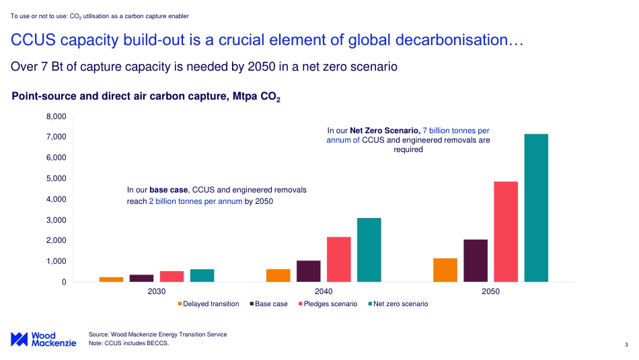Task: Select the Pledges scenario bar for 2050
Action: point(506,231)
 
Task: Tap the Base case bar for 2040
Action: point(309,271)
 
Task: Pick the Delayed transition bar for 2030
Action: point(111,279)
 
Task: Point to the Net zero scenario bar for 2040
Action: point(369,250)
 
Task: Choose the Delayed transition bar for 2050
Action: point(445,270)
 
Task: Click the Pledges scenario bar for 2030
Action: point(172,276)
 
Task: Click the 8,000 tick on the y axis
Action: point(56,116)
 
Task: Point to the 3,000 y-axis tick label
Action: point(56,220)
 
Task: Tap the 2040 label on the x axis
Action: point(324,292)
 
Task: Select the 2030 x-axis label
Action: point(157,292)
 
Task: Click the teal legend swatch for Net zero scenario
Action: point(369,304)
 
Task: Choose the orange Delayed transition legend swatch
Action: point(180,304)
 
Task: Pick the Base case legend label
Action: point(271,304)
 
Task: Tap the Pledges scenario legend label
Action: point(330,304)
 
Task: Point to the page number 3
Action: point(626,346)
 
